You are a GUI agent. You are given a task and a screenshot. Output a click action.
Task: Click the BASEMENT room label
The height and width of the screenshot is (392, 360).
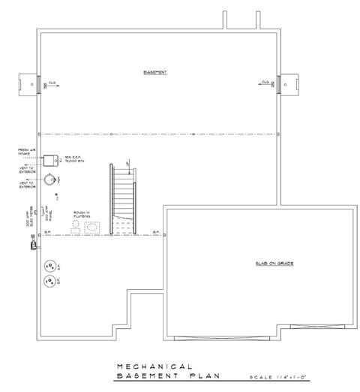click(155, 72)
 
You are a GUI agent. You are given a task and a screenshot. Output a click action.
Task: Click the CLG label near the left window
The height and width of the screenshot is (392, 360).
click(52, 82)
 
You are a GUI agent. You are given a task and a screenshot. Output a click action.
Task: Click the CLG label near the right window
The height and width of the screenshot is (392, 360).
click(265, 82)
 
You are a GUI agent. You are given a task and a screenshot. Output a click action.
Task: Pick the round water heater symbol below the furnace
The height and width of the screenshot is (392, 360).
click(49, 179)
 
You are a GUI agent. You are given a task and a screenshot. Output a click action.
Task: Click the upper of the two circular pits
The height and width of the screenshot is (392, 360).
click(51, 265)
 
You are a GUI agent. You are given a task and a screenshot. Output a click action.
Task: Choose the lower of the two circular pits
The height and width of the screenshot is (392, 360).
click(51, 282)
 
